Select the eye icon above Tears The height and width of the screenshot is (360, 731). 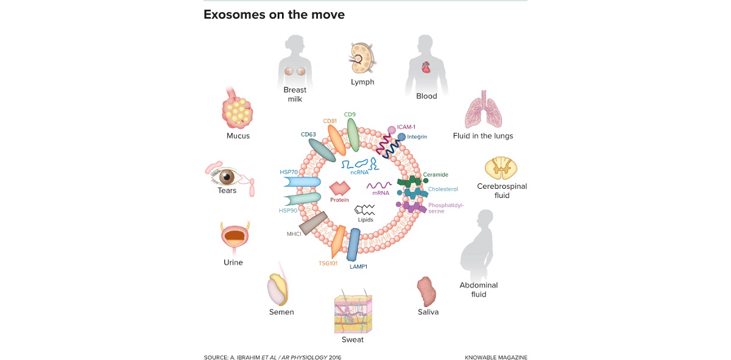pos(227,177)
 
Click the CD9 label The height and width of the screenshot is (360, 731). pos(350,114)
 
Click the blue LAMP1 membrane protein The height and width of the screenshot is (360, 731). pos(353,244)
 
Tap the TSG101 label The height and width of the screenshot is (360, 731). pos(328,264)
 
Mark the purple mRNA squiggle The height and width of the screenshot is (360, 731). pos(378,185)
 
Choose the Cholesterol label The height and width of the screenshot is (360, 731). pos(442,189)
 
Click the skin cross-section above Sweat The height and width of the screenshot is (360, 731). pos(353,312)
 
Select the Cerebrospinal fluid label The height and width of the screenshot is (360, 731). pos(501,191)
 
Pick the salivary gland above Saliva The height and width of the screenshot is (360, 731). pos(427,292)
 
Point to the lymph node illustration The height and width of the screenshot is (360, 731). pos(362,60)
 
